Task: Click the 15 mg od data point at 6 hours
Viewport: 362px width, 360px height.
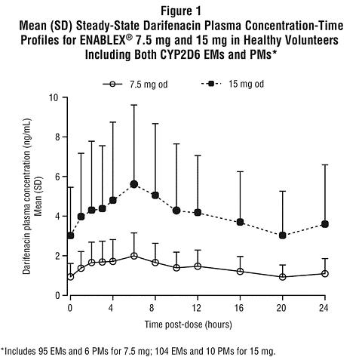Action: (x=134, y=184)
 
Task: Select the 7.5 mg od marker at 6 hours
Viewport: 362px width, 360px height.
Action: (x=134, y=256)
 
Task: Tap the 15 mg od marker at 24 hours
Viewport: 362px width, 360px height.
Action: (x=325, y=224)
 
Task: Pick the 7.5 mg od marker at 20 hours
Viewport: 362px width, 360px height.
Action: (x=282, y=277)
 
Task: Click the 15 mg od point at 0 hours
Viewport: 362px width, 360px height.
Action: (x=70, y=235)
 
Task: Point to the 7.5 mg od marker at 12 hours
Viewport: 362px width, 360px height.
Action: (x=198, y=266)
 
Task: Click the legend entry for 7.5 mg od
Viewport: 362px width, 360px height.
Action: (x=135, y=84)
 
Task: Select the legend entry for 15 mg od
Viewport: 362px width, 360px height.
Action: (x=232, y=84)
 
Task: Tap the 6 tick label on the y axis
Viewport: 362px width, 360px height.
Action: (x=57, y=177)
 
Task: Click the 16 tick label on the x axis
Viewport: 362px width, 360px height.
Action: (x=240, y=308)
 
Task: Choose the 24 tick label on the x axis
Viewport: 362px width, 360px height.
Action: (x=324, y=308)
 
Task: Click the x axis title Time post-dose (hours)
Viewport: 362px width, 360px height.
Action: (x=188, y=325)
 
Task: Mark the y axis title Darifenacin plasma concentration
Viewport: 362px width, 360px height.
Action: (x=26, y=196)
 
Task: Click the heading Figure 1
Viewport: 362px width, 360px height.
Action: (x=181, y=11)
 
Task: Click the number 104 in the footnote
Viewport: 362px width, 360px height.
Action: (x=160, y=351)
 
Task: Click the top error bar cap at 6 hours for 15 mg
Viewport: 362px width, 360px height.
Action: (x=134, y=105)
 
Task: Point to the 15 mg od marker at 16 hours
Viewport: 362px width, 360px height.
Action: (x=240, y=222)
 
